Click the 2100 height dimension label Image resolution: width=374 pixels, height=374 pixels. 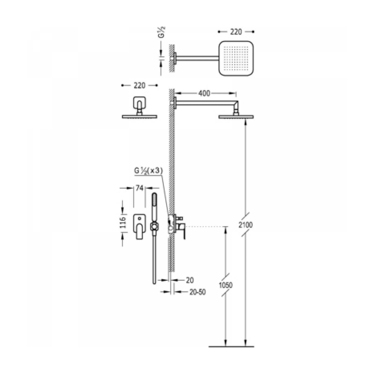(x=246, y=225)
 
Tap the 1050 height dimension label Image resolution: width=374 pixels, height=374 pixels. (x=225, y=285)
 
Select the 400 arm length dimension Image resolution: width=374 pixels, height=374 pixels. (x=204, y=93)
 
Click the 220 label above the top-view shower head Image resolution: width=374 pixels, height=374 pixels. (x=236, y=32)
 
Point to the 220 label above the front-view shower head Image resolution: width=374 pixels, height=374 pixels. (x=139, y=85)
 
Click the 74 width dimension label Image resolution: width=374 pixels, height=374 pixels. (x=139, y=188)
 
